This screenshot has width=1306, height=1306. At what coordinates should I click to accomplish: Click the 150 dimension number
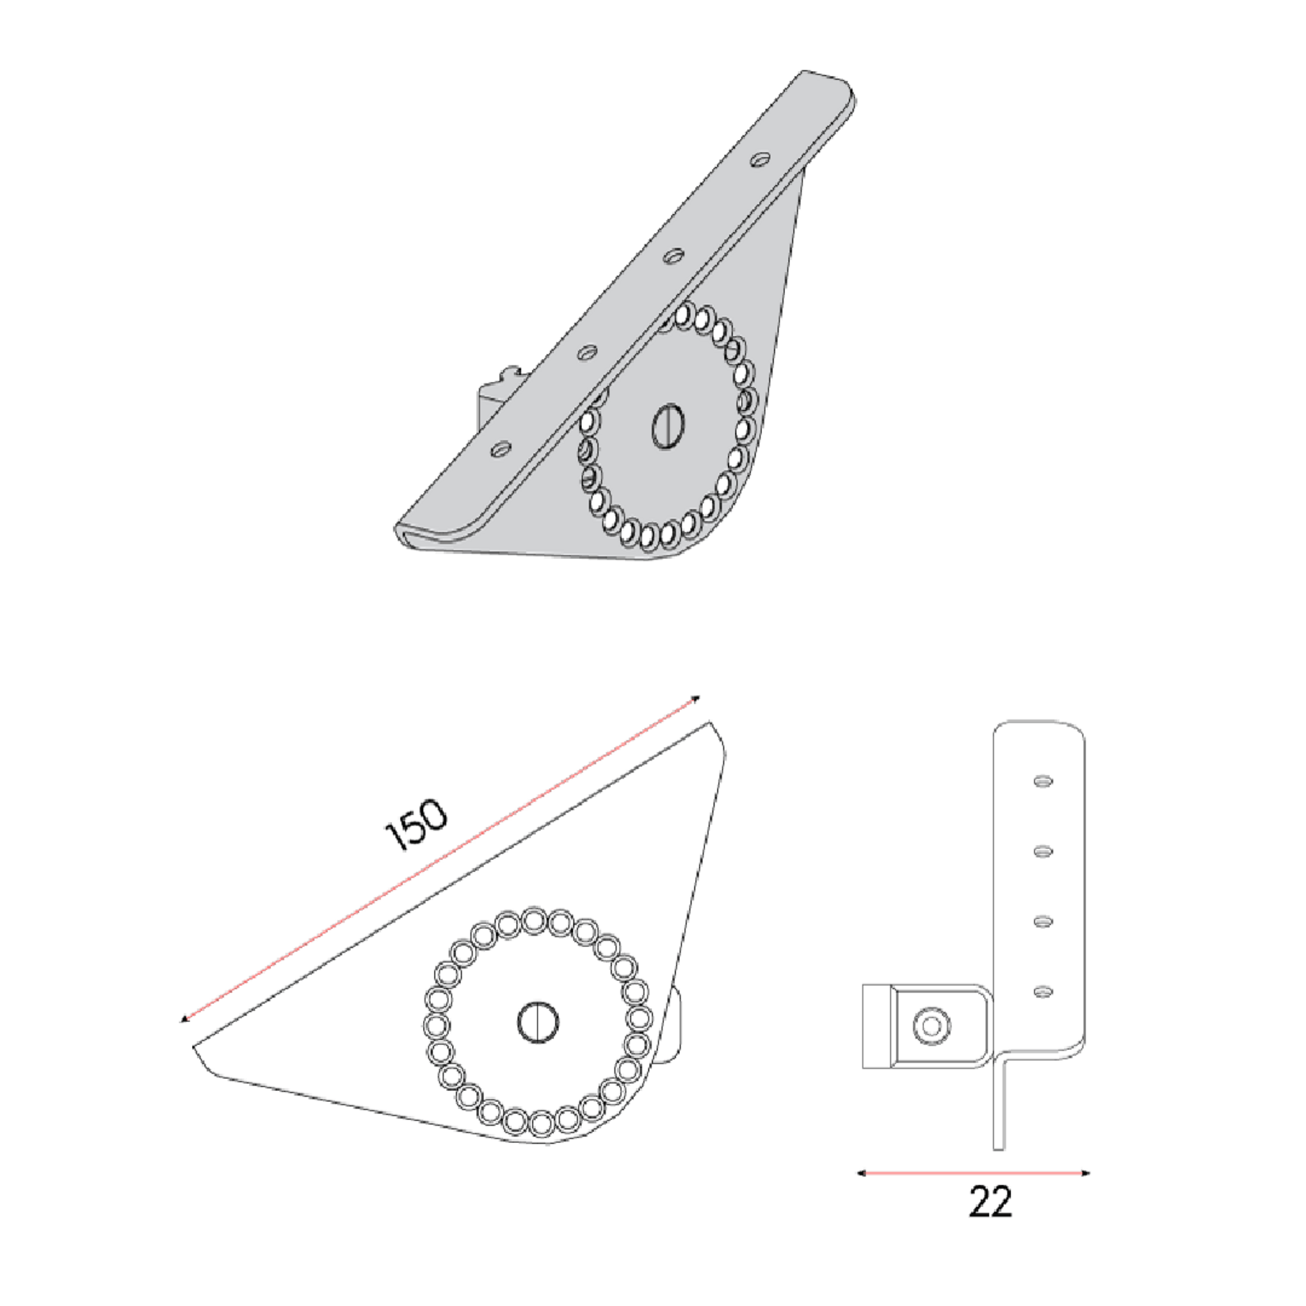416,825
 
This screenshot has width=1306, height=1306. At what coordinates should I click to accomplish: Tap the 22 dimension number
990,1202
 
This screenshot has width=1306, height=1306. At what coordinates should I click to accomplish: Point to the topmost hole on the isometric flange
761,159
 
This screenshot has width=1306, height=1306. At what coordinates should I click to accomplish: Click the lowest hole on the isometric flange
500,449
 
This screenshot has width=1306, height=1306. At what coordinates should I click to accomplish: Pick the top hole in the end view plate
1044,781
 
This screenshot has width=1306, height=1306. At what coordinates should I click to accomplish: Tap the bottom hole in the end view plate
1044,991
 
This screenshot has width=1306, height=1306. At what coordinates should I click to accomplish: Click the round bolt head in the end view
931,1026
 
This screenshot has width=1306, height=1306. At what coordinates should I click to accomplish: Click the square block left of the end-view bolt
877,1026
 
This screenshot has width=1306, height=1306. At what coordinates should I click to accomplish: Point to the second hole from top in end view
1044,851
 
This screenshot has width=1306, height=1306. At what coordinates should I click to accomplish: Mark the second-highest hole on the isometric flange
674,255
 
